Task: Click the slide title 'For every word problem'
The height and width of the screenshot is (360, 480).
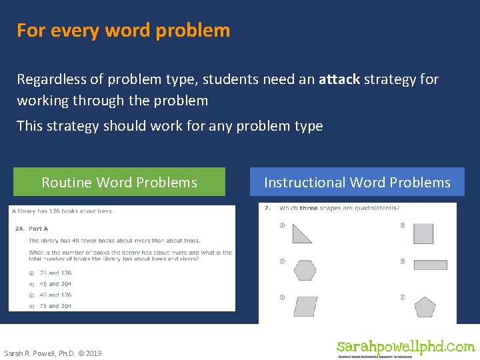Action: (123, 31)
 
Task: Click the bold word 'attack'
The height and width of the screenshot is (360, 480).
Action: (339, 79)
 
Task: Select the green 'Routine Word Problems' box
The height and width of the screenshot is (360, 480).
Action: (119, 182)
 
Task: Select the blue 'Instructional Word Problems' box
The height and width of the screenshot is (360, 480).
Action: (357, 182)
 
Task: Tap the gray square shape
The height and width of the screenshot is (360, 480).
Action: (423, 234)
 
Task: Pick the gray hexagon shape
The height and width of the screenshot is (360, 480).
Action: (305, 270)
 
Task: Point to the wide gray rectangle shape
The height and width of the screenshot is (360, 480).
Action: (430, 265)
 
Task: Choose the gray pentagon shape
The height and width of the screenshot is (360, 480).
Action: (425, 307)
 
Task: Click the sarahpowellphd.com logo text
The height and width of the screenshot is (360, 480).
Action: (405, 347)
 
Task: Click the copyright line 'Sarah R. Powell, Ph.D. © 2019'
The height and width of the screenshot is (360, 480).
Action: (53, 353)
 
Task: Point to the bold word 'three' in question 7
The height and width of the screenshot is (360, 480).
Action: (308, 208)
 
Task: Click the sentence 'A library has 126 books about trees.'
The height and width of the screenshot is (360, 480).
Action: (62, 211)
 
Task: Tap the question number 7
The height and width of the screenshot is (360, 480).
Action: (267, 208)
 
